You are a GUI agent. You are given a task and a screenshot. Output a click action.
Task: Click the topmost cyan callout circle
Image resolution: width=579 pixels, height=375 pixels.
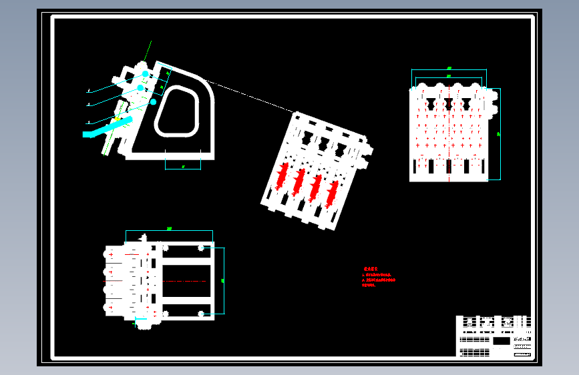[x=145, y=74]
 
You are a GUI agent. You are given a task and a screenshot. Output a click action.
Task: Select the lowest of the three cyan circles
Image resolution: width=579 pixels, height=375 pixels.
[x=153, y=102]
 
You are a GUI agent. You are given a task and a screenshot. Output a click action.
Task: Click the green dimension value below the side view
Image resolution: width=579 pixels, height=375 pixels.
[x=182, y=165]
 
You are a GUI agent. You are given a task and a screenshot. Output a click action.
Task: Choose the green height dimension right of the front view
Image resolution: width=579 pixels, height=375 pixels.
[x=499, y=134]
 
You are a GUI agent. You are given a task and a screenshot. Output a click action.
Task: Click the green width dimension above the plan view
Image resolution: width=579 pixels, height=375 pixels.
[x=170, y=230]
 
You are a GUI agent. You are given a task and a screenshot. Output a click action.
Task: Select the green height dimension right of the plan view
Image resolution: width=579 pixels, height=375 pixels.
[x=223, y=280]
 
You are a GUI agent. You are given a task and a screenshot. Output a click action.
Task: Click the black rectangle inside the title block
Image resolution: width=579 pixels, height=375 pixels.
[x=500, y=340]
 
